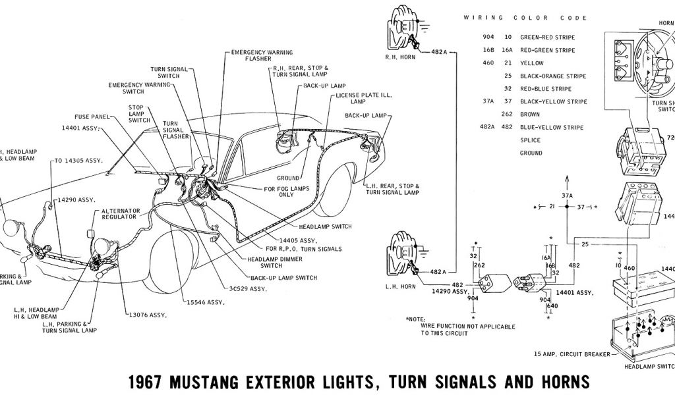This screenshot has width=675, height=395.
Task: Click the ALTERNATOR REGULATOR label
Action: tap(119, 213)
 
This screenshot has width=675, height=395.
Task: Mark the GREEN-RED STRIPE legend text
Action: tap(547, 38)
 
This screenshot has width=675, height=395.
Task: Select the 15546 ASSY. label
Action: tap(206, 302)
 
